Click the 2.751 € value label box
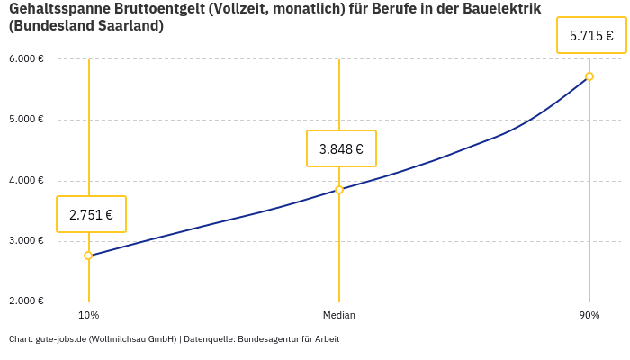[x=91, y=214]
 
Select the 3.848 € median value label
[x=341, y=148]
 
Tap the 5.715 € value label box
[x=591, y=36]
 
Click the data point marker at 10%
[x=88, y=256]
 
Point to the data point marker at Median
[x=339, y=190]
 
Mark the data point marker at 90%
[x=589, y=76]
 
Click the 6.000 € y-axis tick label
[x=27, y=59]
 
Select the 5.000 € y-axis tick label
[x=27, y=120]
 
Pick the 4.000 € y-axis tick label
[x=27, y=181]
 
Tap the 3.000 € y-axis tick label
[x=27, y=241]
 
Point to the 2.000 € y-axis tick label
[x=27, y=301]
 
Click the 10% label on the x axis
[x=88, y=316]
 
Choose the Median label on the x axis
[x=339, y=316]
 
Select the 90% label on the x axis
[x=589, y=316]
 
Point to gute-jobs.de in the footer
[x=60, y=339]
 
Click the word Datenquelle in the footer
[x=209, y=339]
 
